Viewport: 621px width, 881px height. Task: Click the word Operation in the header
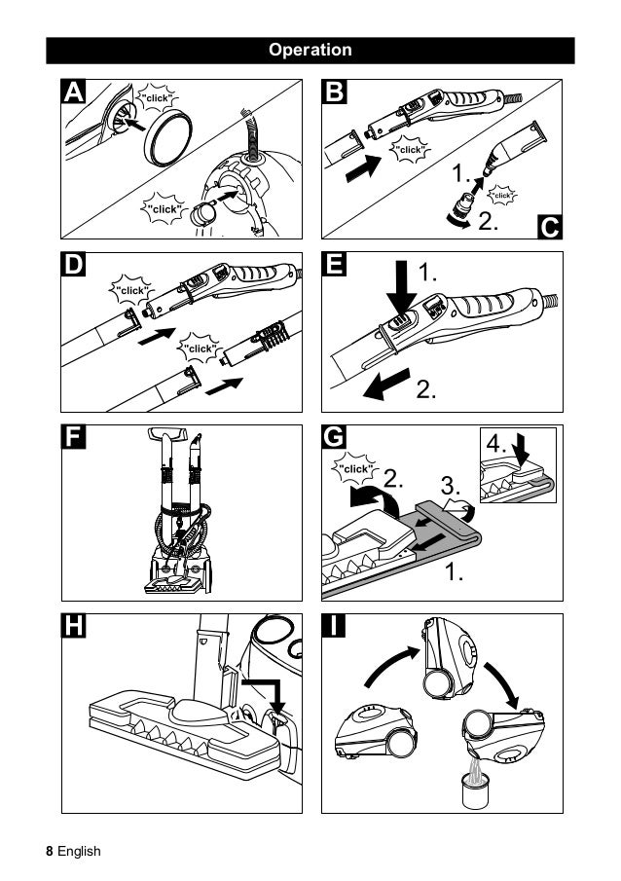point(310,50)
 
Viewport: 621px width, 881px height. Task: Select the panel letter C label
point(549,228)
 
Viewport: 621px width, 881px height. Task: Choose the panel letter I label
point(335,628)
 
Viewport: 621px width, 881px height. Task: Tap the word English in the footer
point(79,851)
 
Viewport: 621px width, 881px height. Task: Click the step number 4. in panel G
point(497,444)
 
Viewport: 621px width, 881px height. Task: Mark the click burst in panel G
point(354,469)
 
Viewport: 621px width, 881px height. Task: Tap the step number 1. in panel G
point(454,572)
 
